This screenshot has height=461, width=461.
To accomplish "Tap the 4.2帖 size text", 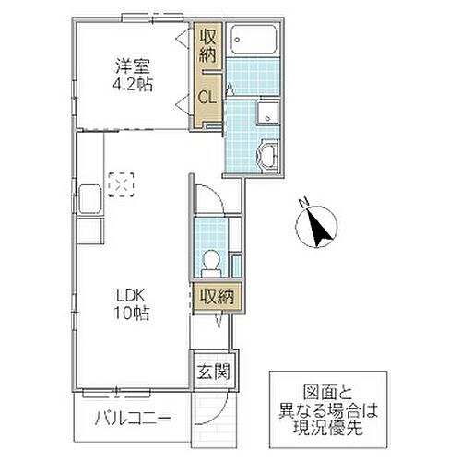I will click(x=133, y=84).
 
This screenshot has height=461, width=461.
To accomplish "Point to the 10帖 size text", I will click(x=133, y=313).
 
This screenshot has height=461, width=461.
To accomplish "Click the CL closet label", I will click(x=208, y=95).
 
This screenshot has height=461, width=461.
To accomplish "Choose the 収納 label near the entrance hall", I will click(x=214, y=297).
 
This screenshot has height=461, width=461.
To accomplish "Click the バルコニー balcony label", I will click(x=132, y=420).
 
